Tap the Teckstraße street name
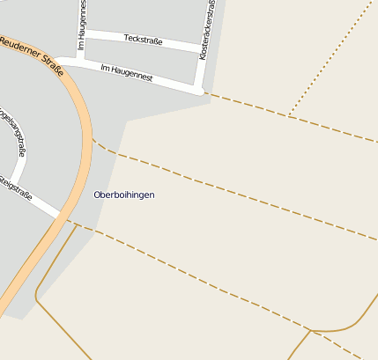(143, 39)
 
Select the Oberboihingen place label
(123, 195)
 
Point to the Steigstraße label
(15, 187)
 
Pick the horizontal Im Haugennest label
(127, 72)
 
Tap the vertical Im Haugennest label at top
(82, 24)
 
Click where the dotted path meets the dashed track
(290, 115)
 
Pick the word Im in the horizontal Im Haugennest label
(105, 67)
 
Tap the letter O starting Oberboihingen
(97, 195)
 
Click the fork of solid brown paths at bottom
(311, 331)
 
